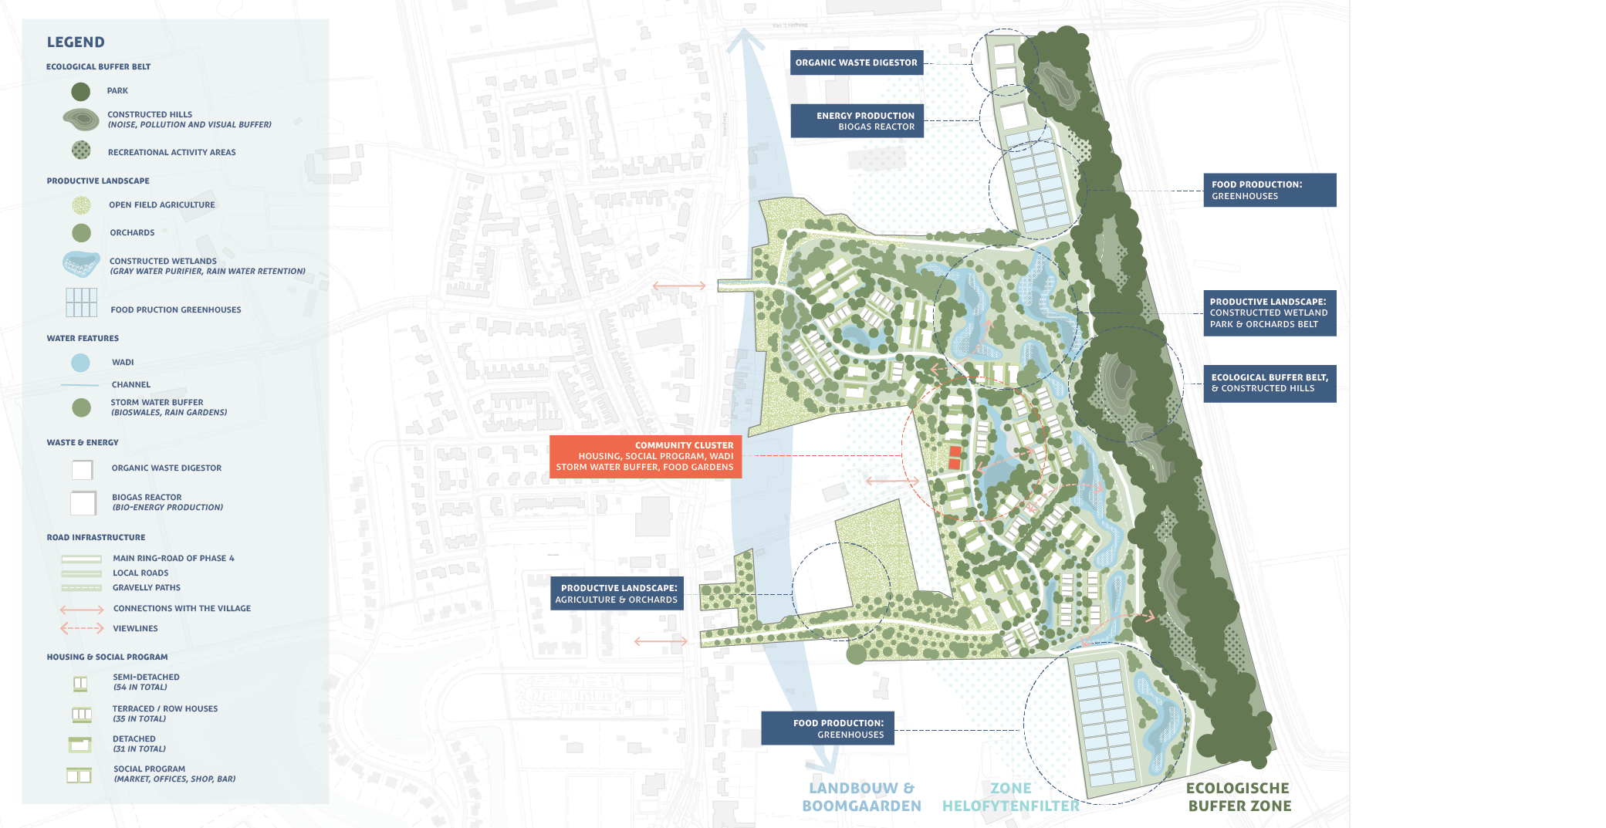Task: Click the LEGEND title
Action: (76, 42)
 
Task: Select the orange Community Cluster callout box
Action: (645, 456)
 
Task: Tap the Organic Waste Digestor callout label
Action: (856, 63)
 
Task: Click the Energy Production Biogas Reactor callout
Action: (857, 121)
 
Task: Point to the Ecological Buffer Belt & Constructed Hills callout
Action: (1269, 384)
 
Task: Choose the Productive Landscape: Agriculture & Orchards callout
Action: (617, 593)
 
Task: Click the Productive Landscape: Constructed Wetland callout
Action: (1269, 313)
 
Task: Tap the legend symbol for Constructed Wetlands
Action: (81, 264)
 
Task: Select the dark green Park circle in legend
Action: (81, 92)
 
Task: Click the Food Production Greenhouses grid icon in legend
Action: (81, 302)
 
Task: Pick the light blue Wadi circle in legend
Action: (80, 363)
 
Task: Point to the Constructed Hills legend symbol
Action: (81, 120)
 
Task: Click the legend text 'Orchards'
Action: (132, 232)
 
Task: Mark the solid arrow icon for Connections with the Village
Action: (82, 610)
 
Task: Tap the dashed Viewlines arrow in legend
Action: (82, 628)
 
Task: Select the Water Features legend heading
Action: (83, 338)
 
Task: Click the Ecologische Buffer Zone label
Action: (1239, 797)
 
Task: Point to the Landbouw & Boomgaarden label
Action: (861, 797)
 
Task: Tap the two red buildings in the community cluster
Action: (955, 458)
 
